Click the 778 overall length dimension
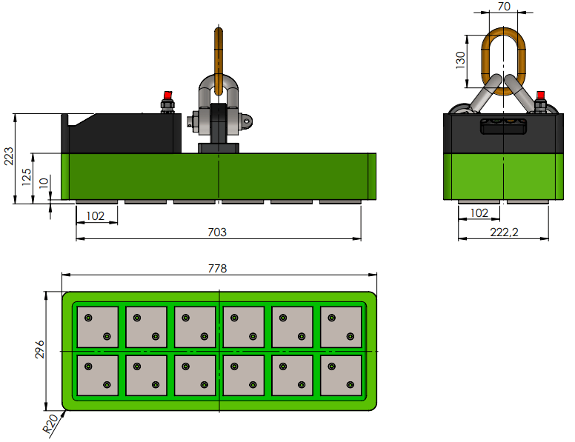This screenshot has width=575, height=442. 217,268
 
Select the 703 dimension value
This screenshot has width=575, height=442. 216,232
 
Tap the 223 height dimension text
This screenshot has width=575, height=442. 9,156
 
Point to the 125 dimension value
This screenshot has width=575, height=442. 26,176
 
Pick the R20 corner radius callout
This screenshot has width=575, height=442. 50,424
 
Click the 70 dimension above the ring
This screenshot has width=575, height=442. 504,7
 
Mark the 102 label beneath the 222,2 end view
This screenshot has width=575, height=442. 479,213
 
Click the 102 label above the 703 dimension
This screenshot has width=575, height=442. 96,215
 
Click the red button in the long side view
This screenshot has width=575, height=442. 167,96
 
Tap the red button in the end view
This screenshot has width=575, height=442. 540,95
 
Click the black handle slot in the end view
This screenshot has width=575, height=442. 504,127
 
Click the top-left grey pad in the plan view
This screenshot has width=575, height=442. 98,327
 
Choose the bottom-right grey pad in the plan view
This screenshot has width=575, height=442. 341,375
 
